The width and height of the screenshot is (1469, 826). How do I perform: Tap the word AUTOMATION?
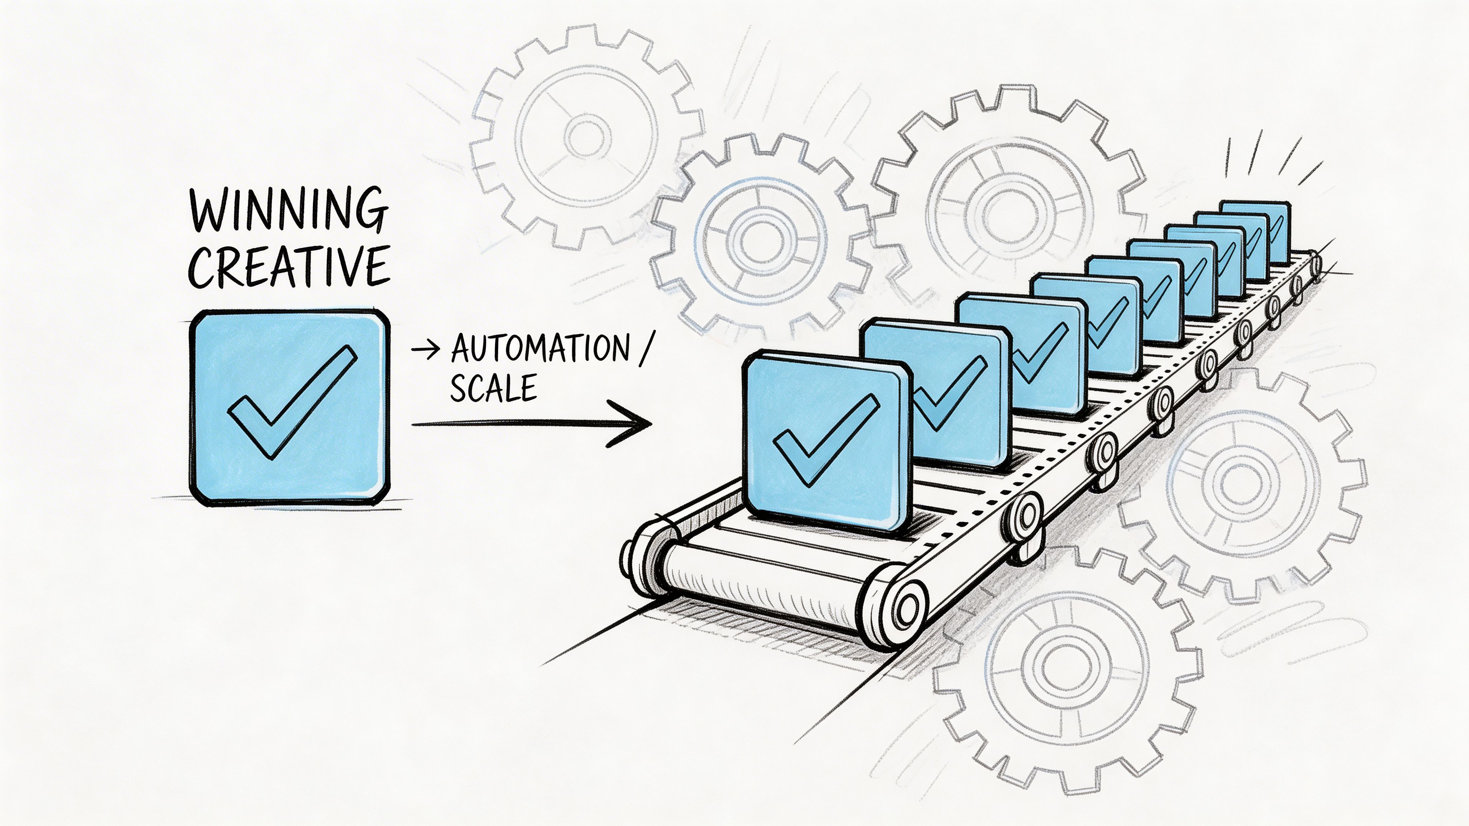(x=539, y=348)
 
